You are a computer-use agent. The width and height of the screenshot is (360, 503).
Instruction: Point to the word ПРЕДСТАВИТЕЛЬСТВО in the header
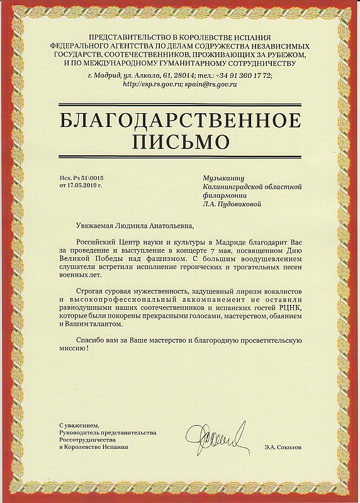click(x=128, y=39)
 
